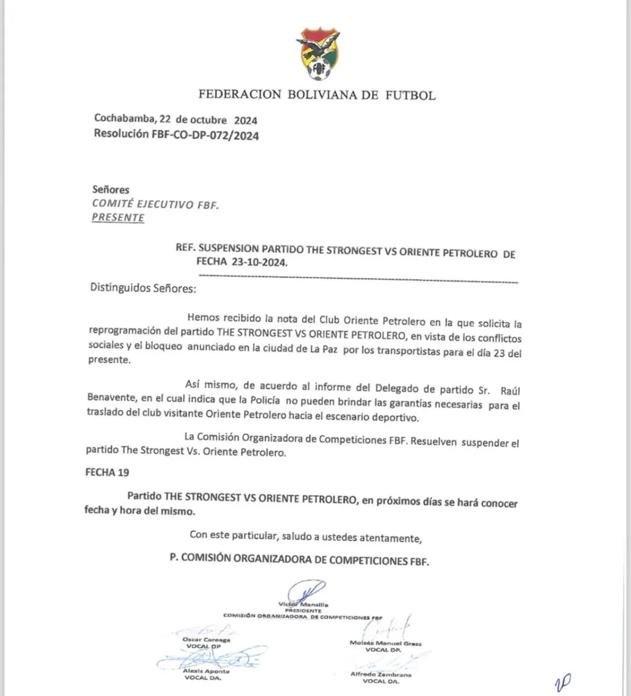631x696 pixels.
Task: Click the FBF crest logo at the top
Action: pos(317,56)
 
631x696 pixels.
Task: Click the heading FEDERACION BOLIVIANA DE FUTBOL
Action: pos(317,95)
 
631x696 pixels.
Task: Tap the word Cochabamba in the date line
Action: pos(124,120)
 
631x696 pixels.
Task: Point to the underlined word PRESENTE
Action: pos(118,218)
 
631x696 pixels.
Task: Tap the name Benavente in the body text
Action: pos(111,405)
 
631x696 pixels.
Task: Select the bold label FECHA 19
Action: pos(107,472)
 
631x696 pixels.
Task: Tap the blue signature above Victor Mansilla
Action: pos(308,593)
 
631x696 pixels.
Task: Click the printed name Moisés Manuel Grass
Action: pos(386,643)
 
